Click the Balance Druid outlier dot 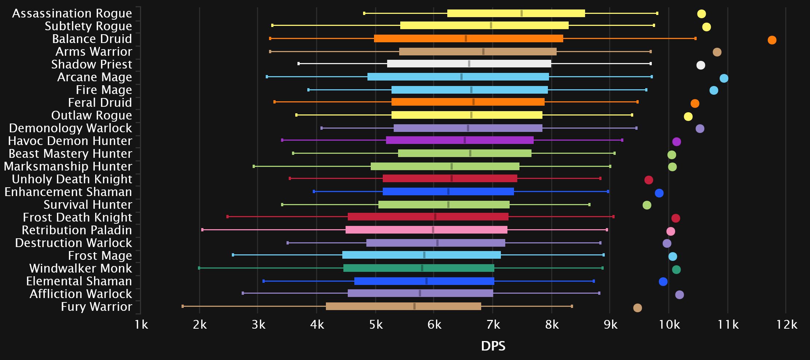(x=772, y=40)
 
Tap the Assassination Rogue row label (x=72, y=13)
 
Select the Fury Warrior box (x=403, y=306)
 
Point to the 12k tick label (x=787, y=324)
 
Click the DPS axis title (x=493, y=346)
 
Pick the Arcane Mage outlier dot (x=724, y=78)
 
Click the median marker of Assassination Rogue (x=522, y=13)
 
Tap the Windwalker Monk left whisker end (x=199, y=268)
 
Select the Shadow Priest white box (x=469, y=64)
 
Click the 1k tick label (x=141, y=324)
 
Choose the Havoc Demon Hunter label (x=70, y=141)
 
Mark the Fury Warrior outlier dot (x=637, y=308)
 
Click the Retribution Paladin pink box (x=426, y=230)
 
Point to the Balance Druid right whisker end (x=695, y=39)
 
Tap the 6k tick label (x=434, y=324)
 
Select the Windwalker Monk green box (x=418, y=268)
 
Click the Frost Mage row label (x=100, y=256)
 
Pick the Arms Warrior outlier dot (x=717, y=52)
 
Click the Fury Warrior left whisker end (x=183, y=306)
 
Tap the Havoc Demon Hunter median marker (x=464, y=140)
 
